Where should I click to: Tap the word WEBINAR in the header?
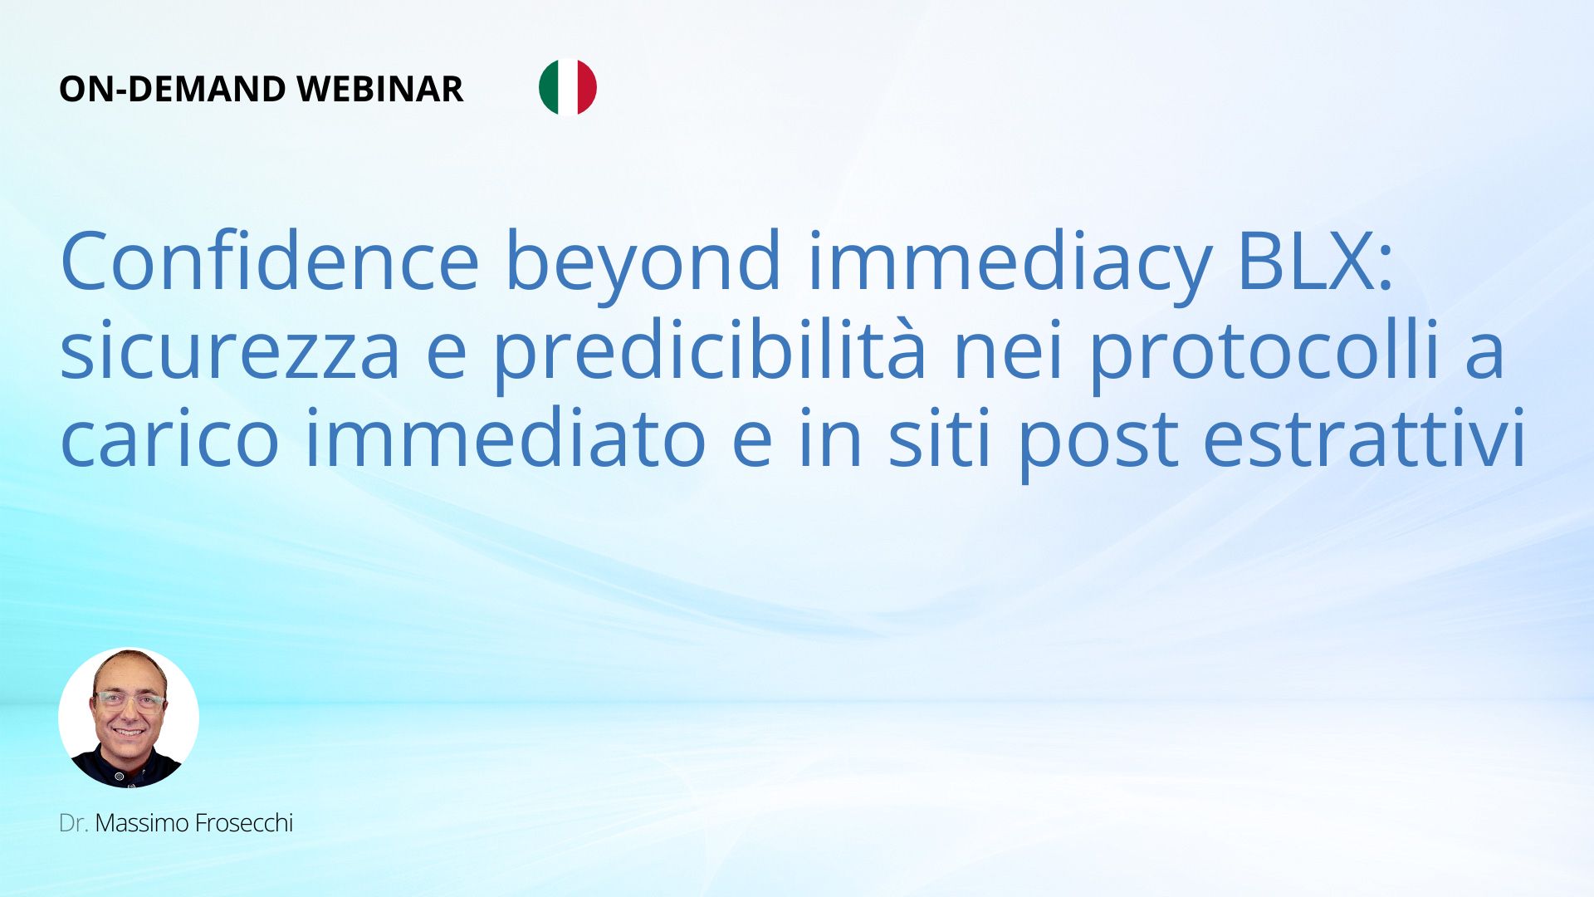[x=380, y=89]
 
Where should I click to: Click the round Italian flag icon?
[x=568, y=87]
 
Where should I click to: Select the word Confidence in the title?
[x=270, y=261]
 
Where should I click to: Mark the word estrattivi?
[x=1365, y=439]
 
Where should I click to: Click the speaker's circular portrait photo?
[x=129, y=718]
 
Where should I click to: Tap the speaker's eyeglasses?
[x=130, y=702]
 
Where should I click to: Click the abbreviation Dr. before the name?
[x=74, y=823]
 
